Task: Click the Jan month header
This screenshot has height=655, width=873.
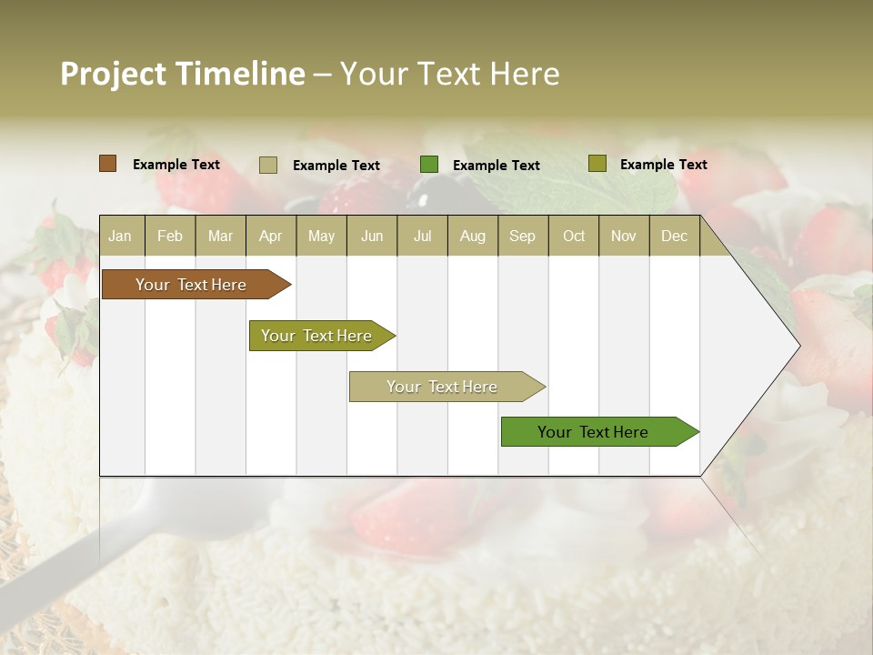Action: click(120, 237)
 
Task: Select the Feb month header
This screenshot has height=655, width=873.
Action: click(170, 237)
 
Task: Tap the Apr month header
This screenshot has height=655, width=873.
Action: click(270, 237)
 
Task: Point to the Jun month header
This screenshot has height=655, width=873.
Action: click(372, 237)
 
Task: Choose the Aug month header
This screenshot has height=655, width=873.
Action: click(472, 237)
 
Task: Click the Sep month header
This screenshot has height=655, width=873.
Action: click(522, 237)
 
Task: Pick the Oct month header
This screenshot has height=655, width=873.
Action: click(574, 237)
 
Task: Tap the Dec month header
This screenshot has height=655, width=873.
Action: click(674, 237)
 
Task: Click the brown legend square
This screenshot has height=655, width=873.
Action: click(107, 164)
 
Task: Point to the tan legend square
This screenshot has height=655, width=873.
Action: click(268, 165)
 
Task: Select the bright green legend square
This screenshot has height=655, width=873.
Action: click(429, 165)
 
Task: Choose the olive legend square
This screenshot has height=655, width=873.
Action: click(597, 164)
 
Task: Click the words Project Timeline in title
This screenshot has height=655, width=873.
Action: click(182, 74)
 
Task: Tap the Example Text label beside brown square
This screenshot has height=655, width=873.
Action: click(176, 165)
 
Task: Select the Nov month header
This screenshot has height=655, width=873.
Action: click(624, 237)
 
